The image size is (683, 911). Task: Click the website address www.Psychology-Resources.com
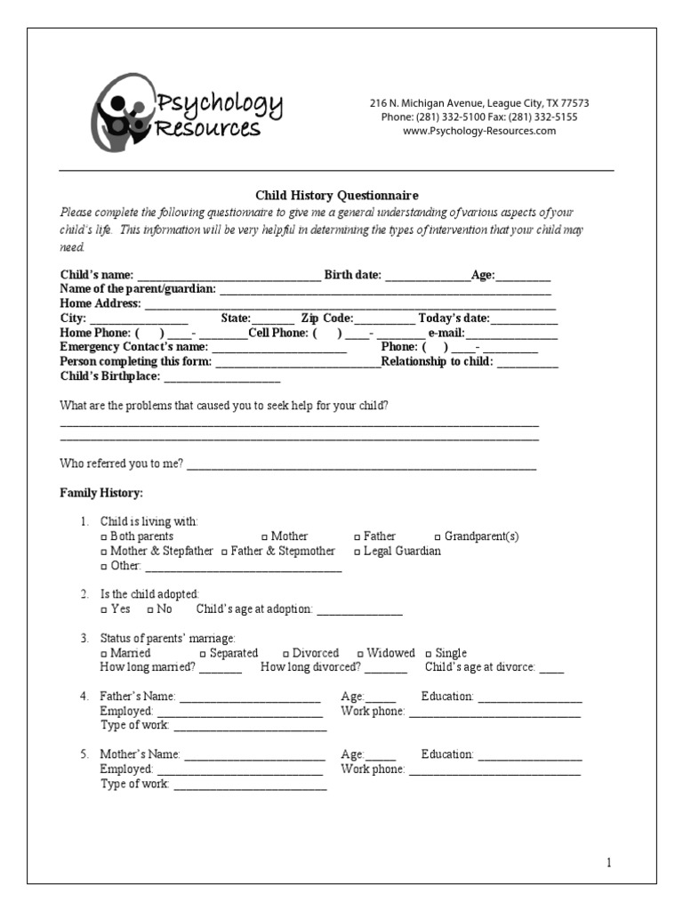pos(479,131)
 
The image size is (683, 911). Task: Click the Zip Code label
pos(327,318)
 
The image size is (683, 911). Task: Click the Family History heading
pos(101,493)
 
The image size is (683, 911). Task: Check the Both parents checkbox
pos(104,537)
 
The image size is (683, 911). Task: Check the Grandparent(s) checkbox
pos(438,537)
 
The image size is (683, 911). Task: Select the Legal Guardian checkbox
pos(357,552)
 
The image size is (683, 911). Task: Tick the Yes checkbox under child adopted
pos(104,610)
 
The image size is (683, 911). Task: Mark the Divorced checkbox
pos(285,654)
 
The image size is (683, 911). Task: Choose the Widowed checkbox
pos(360,654)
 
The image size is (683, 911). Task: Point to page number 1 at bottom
pos(609,862)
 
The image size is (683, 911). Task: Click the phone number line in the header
pos(479,117)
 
